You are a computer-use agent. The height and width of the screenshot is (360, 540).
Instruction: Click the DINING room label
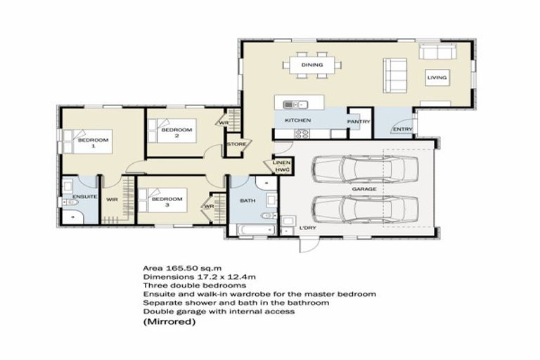[x=312, y=65]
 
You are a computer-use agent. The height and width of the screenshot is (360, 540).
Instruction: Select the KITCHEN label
[x=297, y=121]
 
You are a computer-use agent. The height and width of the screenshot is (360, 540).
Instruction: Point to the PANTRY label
[x=358, y=121]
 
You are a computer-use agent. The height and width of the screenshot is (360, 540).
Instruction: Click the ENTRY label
[x=403, y=129]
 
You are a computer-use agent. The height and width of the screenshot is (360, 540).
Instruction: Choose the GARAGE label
[x=364, y=190]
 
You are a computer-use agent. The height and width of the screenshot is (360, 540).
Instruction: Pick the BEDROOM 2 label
[x=176, y=132]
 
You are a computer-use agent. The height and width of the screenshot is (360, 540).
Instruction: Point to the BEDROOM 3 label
[x=167, y=202]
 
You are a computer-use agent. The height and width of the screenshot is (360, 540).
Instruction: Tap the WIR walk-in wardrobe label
[x=112, y=200]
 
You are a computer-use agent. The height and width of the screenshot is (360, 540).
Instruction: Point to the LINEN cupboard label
[x=281, y=163]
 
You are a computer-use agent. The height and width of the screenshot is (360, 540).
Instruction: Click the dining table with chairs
[x=313, y=65]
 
